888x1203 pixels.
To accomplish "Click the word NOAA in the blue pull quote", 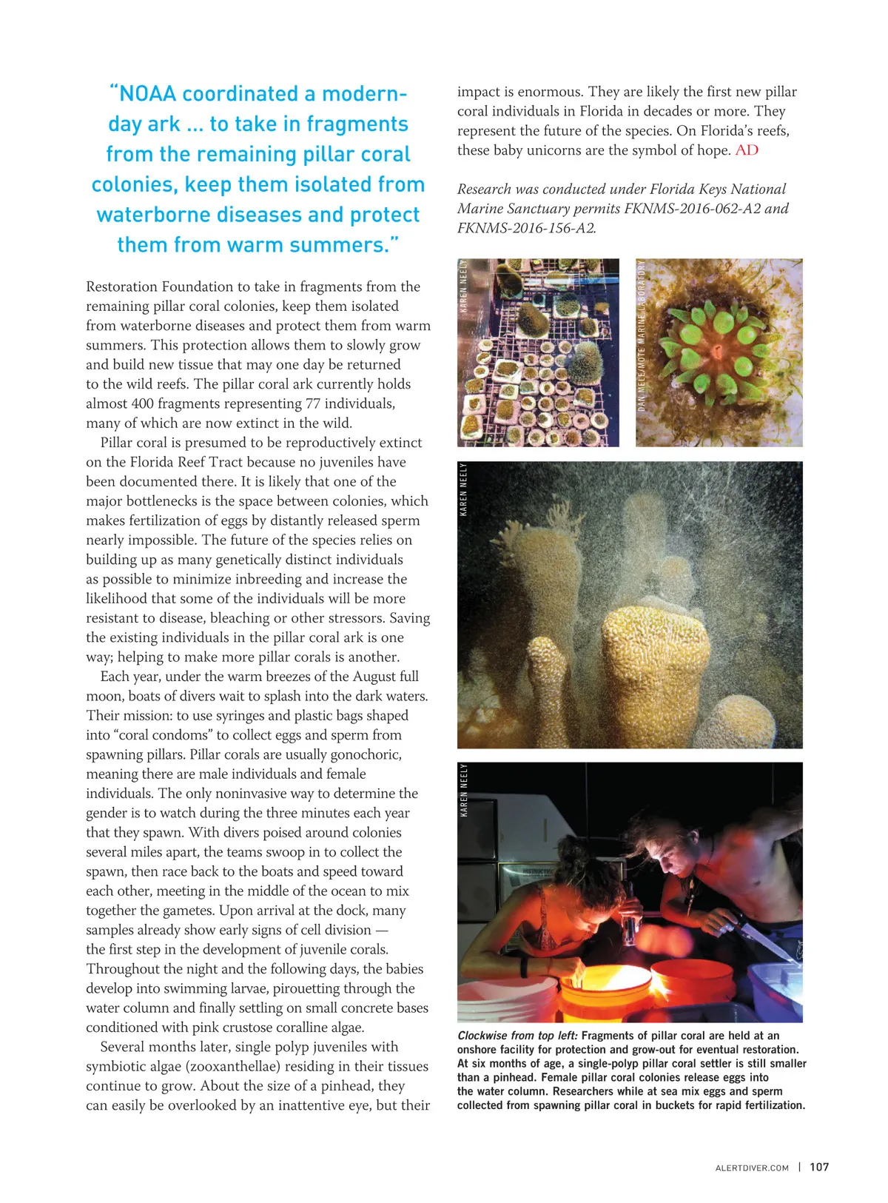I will pos(148,94).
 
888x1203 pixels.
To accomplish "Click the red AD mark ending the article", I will pos(747,150).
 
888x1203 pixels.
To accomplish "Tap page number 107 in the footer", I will pos(819,1167).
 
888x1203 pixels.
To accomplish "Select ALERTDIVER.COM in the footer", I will pos(752,1167).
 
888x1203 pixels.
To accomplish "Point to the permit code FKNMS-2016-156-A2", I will pos(526,228).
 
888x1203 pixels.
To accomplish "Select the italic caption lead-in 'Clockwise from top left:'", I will pos(517,1036).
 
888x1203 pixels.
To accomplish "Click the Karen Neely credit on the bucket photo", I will pos(464,790).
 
